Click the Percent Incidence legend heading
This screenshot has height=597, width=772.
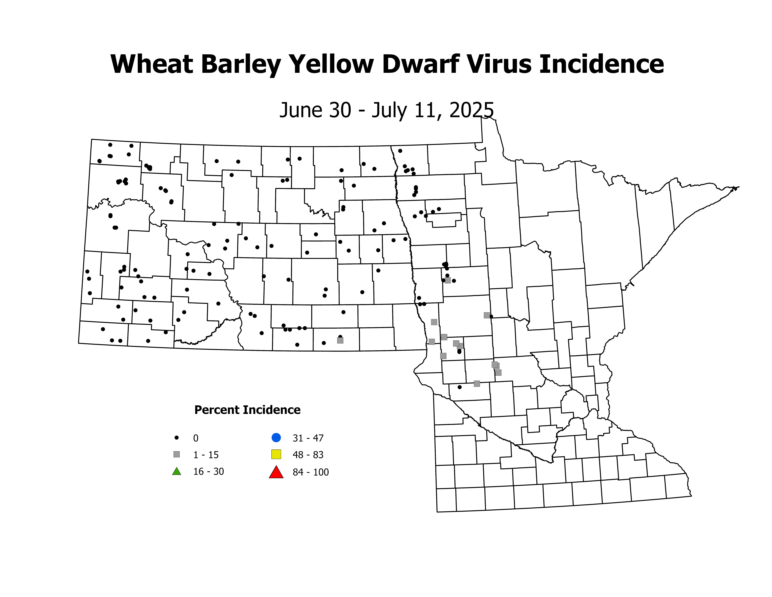point(247,410)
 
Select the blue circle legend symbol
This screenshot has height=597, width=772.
point(276,437)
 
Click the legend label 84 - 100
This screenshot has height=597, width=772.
point(311,472)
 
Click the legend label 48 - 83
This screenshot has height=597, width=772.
point(308,455)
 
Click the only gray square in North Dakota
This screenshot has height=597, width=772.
point(340,340)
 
